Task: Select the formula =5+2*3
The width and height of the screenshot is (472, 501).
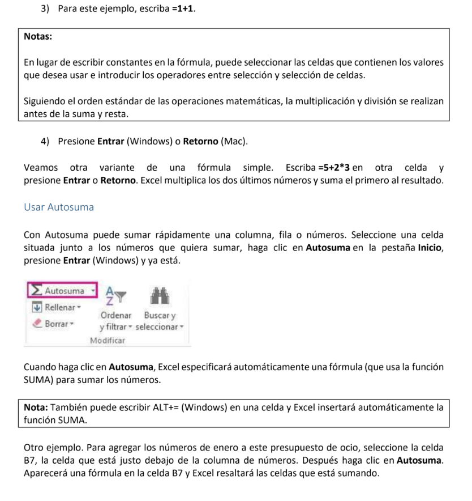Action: click(334, 168)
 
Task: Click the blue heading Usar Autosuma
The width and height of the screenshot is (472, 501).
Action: click(59, 207)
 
